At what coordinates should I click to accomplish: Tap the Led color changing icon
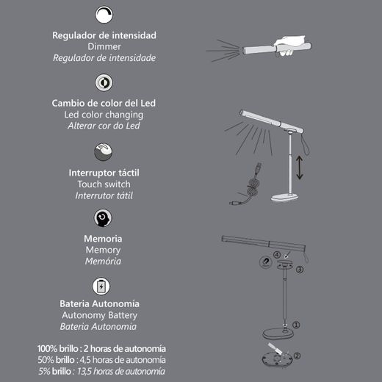tap(104, 82)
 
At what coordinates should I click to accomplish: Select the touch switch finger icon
tap(104, 152)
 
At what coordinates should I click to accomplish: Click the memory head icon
tap(104, 218)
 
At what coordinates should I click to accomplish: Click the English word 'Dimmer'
tap(104, 46)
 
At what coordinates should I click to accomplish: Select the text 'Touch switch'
tap(104, 184)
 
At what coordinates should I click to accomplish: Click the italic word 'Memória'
tap(104, 261)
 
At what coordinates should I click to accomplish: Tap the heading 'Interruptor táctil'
tap(104, 172)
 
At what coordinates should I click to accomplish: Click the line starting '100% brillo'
tap(101, 347)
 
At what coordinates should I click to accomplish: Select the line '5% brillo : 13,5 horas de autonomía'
tap(101, 372)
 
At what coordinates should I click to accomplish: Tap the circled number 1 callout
tap(296, 323)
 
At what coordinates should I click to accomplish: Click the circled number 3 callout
tap(300, 270)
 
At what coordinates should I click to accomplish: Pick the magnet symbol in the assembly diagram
tap(262, 262)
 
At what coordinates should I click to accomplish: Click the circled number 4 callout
tap(277, 256)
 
